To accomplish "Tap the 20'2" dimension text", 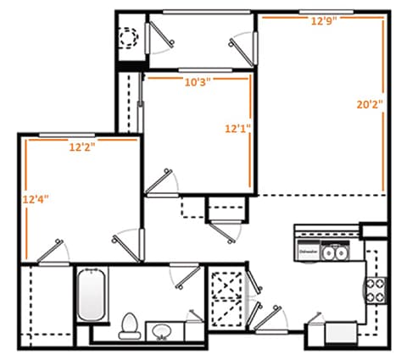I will [370, 105].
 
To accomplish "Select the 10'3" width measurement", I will [197, 82].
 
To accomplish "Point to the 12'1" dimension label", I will [237, 129].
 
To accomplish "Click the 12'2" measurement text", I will [82, 146].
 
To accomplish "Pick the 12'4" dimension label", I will [36, 200].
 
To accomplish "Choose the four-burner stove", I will [374, 291].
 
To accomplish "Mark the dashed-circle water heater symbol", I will [129, 38].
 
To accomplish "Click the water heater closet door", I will [156, 38].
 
